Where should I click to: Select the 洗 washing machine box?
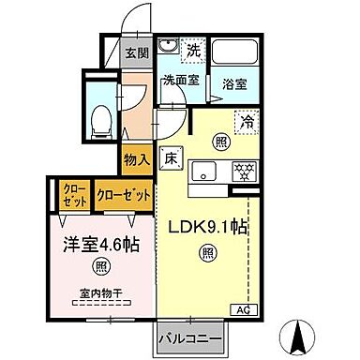point(193,48)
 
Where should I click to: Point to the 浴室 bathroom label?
point(233,83)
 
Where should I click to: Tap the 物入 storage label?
point(136,159)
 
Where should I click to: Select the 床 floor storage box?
point(171,157)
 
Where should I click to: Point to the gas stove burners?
point(244,172)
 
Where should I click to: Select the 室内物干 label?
point(103,302)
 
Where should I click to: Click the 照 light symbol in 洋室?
point(102,268)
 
